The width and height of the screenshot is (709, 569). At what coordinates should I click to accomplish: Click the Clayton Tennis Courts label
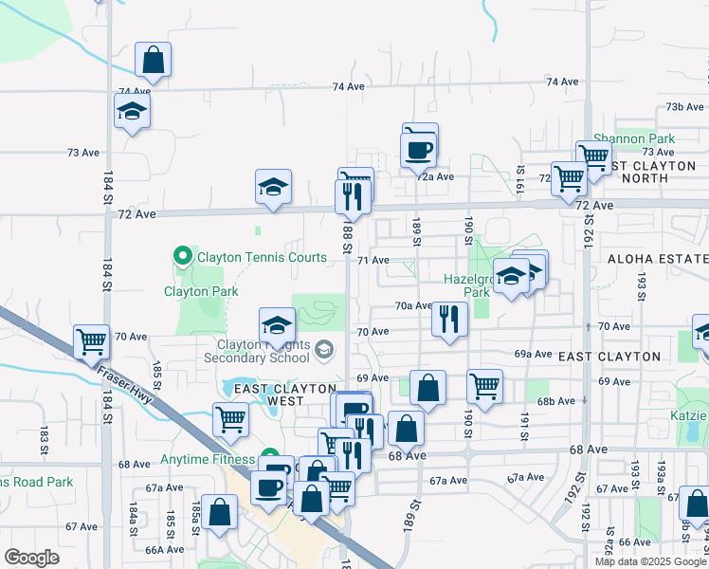point(263,257)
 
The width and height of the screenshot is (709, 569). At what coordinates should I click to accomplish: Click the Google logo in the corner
point(31,558)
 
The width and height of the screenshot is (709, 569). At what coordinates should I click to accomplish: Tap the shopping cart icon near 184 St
point(92,341)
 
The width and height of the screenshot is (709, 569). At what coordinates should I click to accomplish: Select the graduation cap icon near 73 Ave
point(133,112)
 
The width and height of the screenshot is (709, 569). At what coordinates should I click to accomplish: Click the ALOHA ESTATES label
point(658,259)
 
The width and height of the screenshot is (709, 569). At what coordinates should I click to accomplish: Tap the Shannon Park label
point(633,138)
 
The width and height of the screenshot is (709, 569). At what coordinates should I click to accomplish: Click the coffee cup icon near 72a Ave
point(418,149)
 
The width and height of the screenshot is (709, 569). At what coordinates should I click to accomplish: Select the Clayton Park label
point(201,292)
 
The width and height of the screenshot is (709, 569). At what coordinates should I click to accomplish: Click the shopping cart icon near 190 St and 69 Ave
point(484,386)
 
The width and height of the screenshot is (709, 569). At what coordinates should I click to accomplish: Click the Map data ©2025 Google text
point(650,561)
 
